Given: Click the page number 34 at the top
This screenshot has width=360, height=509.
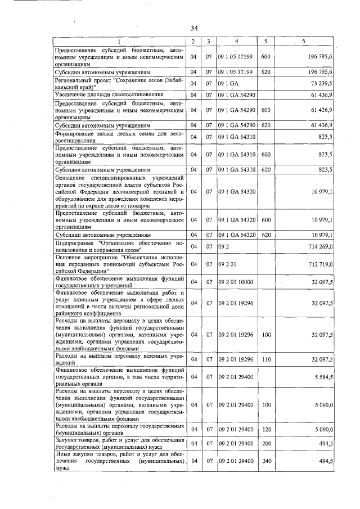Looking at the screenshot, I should (x=193, y=28).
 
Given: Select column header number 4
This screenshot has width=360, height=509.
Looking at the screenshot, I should (x=236, y=42).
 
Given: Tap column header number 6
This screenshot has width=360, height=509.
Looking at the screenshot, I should (x=304, y=42).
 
